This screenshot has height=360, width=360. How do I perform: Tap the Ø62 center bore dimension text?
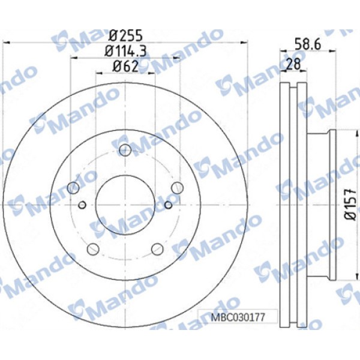125,67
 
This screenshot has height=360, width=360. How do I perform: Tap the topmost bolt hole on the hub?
125,150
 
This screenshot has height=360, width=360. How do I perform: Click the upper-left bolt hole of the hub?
73,188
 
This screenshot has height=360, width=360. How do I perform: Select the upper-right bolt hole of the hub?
176,188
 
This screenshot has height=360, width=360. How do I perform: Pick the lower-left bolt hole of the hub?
93,248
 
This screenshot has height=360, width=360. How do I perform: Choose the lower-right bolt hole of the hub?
157,248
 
